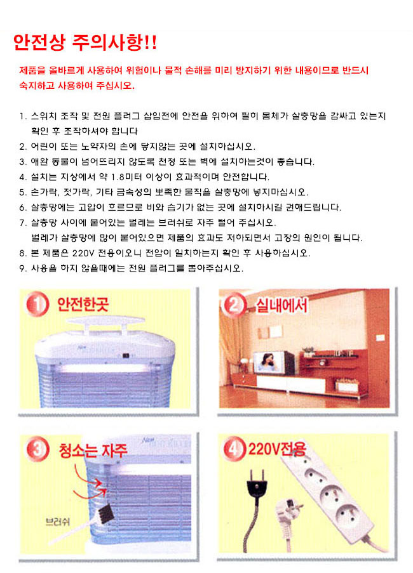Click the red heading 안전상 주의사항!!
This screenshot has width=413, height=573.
point(85,43)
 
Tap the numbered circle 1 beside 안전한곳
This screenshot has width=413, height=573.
point(37,304)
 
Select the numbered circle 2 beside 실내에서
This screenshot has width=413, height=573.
point(234,305)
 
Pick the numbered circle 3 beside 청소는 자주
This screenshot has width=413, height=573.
point(37,449)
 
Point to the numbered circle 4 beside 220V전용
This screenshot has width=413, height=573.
point(234,449)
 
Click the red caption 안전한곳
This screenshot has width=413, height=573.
point(83,305)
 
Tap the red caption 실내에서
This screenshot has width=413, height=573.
point(281,305)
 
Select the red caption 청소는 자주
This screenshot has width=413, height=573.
point(93,450)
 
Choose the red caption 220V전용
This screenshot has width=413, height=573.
point(277,449)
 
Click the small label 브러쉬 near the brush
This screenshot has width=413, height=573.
point(57,522)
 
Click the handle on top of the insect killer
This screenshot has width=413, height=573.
point(105,324)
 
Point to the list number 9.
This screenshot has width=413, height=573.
point(23,268)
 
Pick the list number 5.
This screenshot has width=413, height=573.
point(23,192)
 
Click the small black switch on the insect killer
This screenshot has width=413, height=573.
point(126,355)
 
